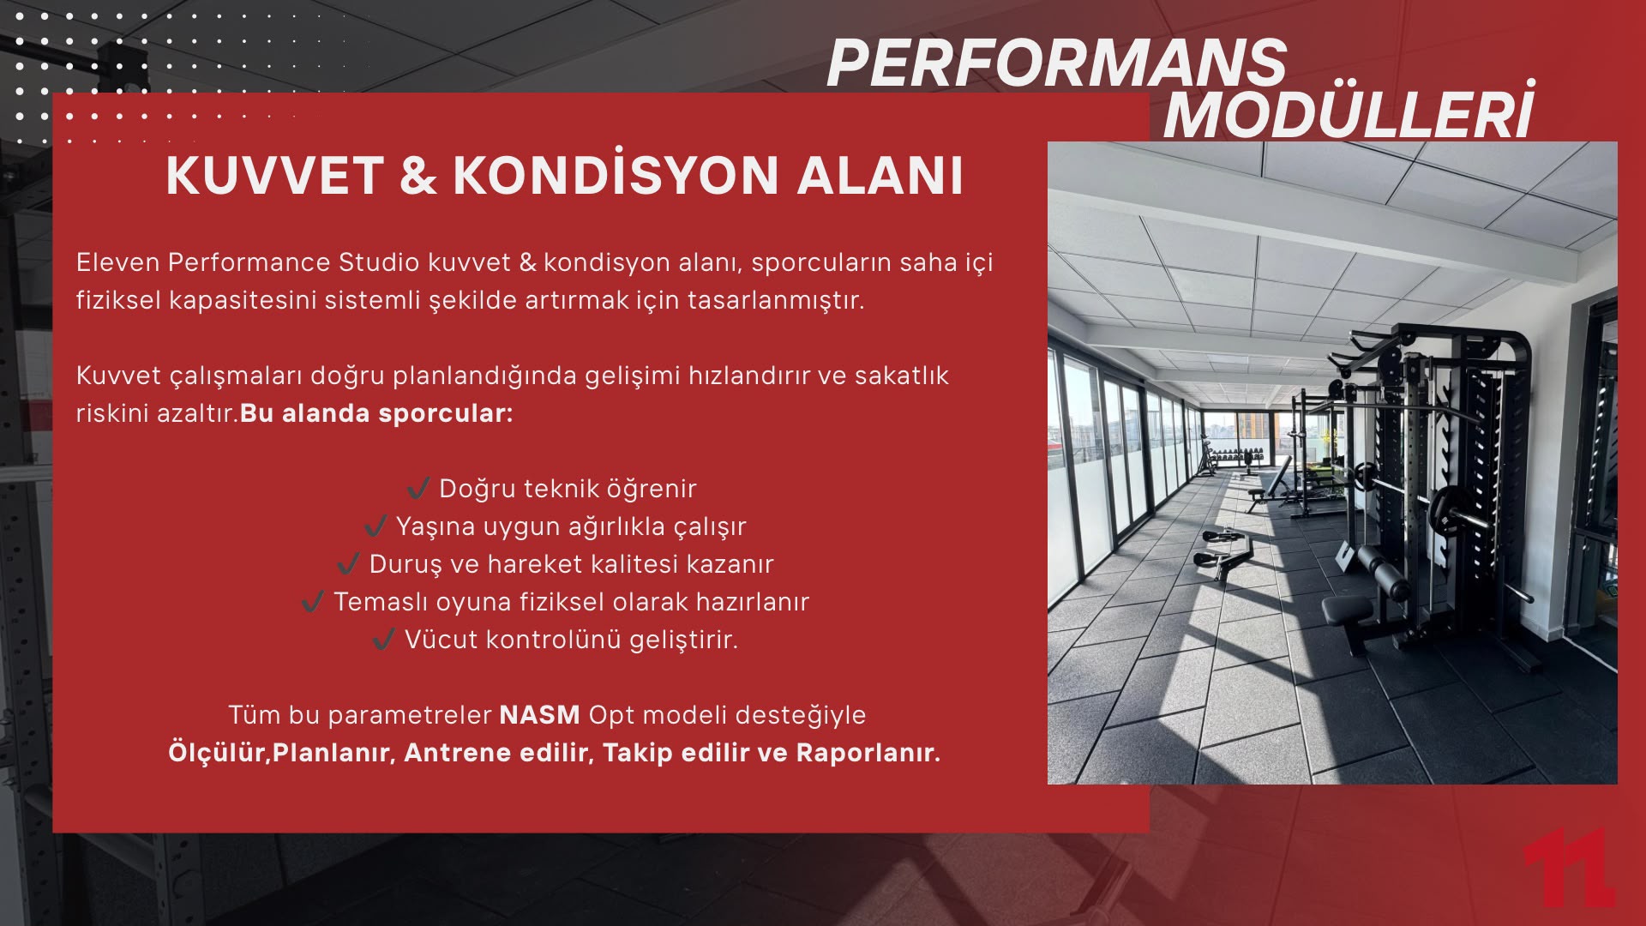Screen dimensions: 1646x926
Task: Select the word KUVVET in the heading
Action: (275, 176)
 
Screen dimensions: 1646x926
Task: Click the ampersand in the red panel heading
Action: (418, 176)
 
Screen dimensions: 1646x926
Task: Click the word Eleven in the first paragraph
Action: (118, 262)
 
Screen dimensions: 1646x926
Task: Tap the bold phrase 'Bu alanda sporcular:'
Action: (376, 413)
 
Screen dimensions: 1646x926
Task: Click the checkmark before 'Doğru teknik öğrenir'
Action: (418, 489)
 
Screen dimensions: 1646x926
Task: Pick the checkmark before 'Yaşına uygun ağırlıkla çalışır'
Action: (375, 526)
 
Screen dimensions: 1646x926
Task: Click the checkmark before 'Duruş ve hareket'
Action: (348, 564)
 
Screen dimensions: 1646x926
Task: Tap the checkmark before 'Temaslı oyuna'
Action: (313, 602)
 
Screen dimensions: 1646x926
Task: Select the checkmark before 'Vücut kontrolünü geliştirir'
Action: (383, 640)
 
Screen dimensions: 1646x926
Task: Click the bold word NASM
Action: (540, 715)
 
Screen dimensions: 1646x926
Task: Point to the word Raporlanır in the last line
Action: (868, 753)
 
